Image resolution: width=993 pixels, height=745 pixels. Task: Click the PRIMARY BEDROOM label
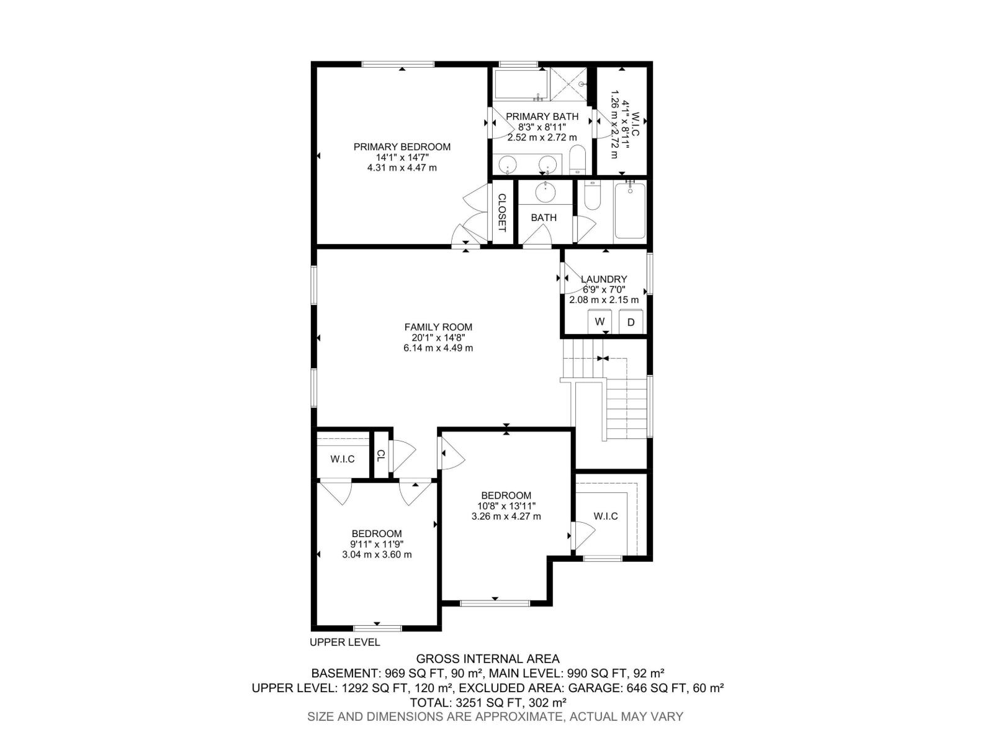point(402,147)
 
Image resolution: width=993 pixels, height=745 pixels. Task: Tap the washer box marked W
point(600,322)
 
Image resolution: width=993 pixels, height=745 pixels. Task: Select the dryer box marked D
point(631,322)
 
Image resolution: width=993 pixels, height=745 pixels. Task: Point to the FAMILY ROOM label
point(438,327)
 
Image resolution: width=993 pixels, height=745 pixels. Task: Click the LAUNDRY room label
point(604,279)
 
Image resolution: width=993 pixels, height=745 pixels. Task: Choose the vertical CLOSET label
point(502,212)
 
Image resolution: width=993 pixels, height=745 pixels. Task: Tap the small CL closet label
point(380,455)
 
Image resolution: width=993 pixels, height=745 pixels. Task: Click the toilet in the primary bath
point(577,160)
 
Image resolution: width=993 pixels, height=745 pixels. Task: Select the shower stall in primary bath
point(568,84)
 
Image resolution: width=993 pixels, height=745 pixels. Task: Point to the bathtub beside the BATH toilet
point(629,211)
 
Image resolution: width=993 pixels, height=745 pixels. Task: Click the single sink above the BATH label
point(546,192)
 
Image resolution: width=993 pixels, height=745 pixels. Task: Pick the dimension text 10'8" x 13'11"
point(506,506)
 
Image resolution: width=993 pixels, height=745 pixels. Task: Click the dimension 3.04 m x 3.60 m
point(377,554)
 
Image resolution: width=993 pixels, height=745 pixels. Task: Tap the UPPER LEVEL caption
point(344,643)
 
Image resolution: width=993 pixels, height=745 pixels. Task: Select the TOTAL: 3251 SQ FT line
point(488,703)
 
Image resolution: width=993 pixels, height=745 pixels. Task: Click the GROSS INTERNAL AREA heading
point(488,659)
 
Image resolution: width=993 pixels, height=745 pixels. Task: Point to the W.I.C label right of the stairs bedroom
point(606,516)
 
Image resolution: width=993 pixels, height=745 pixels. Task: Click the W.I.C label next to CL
point(343,459)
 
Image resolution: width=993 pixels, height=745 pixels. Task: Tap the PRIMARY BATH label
point(542,117)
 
